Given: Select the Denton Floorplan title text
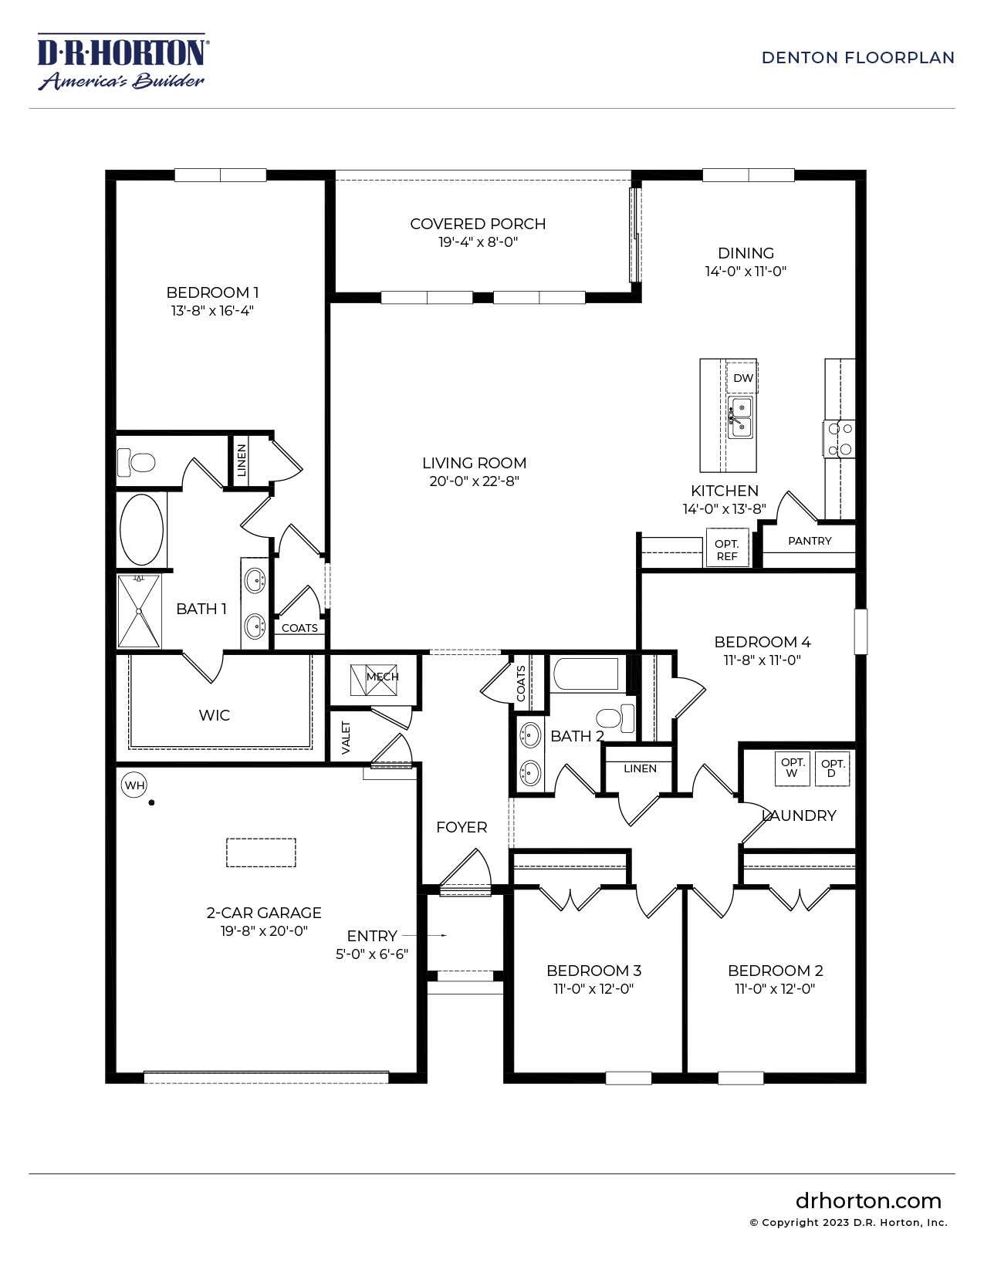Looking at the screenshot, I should [857, 58].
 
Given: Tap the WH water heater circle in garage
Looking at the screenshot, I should [134, 785].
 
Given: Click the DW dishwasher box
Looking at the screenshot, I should [742, 378].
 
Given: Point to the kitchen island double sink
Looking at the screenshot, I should [740, 417].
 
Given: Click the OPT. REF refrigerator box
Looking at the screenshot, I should [727, 549].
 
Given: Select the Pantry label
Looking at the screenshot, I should [810, 541].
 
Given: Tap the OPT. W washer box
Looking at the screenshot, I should [793, 768].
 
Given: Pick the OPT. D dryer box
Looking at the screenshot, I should [833, 768].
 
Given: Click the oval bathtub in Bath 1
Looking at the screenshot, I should [142, 530].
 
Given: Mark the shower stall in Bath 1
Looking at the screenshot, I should [139, 611].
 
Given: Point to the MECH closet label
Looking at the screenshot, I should [382, 677].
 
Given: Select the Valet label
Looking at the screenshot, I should [346, 738].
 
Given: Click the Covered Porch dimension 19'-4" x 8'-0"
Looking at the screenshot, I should [478, 242].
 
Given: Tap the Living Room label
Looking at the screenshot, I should [474, 463].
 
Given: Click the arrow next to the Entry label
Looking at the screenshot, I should [435, 935].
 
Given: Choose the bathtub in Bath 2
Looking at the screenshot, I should [586, 674].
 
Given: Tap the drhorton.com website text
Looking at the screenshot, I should [868, 1200].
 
